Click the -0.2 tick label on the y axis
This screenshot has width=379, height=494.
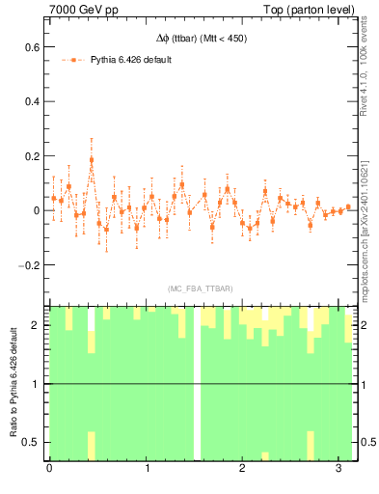tap(31, 264)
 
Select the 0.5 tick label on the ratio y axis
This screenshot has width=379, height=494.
tap(33, 442)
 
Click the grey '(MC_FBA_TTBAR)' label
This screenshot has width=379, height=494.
tap(200, 288)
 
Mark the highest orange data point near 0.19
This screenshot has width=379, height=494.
tap(92, 160)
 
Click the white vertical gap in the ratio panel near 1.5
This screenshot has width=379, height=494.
tap(197, 384)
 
